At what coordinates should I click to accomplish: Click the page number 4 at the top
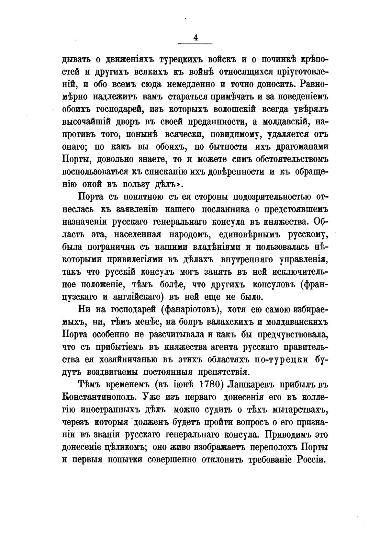196,38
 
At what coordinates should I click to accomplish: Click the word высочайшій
86,122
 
